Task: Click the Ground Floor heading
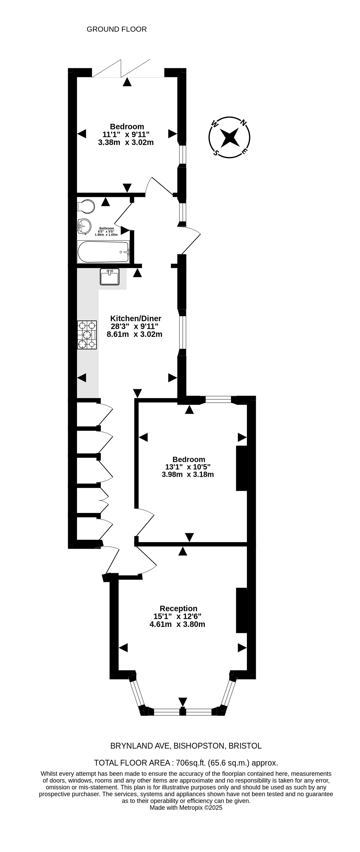click(117, 29)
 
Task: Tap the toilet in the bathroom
click(86, 207)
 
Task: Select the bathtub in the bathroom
click(103, 252)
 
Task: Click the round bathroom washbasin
click(84, 227)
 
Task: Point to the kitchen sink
click(109, 277)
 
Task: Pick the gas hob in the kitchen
click(87, 335)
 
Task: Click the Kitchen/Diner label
click(136, 318)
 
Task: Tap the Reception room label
click(179, 608)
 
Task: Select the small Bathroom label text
click(106, 228)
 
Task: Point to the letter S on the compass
click(216, 152)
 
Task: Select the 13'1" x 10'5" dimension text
click(188, 467)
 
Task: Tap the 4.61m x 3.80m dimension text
click(177, 624)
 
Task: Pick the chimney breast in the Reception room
click(242, 610)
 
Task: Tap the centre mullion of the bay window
click(183, 711)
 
